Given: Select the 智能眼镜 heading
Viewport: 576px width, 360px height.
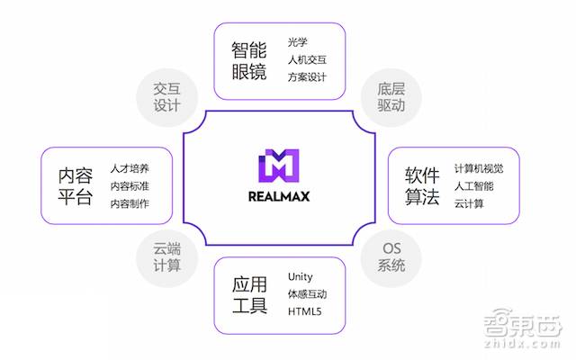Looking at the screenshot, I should [249, 60].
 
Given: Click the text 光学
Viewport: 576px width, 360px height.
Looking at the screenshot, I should [298, 42].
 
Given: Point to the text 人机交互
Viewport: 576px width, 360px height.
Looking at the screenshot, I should [307, 59].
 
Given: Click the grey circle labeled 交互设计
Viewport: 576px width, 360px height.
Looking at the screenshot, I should [167, 96].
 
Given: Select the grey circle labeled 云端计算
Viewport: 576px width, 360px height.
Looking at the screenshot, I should [167, 256].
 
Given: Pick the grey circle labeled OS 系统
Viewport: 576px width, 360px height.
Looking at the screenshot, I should [390, 256].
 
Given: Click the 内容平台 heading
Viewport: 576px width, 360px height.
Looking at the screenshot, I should [75, 185].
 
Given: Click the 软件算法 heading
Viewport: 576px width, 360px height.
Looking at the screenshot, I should [421, 185].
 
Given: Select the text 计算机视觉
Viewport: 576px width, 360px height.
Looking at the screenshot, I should [479, 168].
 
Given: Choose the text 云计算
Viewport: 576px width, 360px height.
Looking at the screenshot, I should [469, 203].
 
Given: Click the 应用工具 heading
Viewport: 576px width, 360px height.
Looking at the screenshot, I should [249, 294].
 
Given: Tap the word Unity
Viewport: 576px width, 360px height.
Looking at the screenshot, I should [301, 276].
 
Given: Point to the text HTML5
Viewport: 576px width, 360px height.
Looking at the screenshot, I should [304, 311].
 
